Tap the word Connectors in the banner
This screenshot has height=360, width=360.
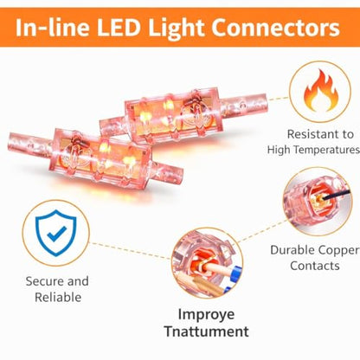(x=276, y=28)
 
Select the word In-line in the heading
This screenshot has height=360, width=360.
(x=53, y=28)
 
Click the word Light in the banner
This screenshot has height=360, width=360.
(x=177, y=29)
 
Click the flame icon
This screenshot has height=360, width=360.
(x=321, y=90)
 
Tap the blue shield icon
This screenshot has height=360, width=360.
(x=56, y=233)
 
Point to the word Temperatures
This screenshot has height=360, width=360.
(x=327, y=151)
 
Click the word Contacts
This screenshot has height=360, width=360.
(x=315, y=266)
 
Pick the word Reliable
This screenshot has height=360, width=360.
(x=58, y=297)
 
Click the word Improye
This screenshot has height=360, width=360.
(x=206, y=315)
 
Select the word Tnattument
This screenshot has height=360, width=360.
(x=207, y=331)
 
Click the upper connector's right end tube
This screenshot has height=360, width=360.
(x=244, y=104)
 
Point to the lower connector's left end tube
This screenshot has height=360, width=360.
(x=29, y=142)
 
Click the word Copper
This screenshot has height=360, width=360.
(x=340, y=250)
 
